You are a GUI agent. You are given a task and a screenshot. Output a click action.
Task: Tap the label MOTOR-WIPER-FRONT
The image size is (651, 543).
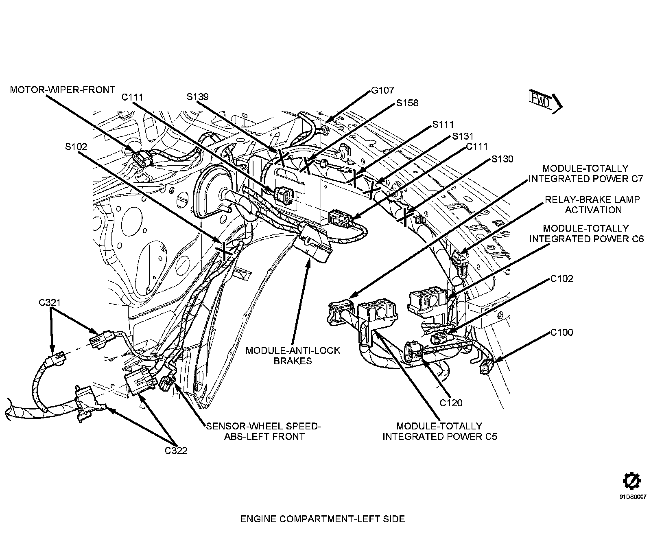pos(62,90)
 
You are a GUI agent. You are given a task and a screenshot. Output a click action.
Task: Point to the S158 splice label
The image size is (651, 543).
pos(407,103)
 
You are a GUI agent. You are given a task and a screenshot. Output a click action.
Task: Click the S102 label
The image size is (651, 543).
pos(76,147)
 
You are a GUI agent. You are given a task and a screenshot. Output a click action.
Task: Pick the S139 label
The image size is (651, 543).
pos(198,97)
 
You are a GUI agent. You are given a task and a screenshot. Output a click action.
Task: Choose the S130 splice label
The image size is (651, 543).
pos(502,159)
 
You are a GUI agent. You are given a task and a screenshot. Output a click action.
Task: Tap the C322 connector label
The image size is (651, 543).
pos(176,451)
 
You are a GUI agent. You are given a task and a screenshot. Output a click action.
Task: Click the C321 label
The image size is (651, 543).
pos(50,302)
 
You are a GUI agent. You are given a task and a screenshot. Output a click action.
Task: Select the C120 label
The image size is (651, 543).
pos(451,403)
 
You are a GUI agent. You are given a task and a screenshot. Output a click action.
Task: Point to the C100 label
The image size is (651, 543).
pos(561,333)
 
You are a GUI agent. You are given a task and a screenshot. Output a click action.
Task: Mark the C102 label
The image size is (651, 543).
pos(561,279)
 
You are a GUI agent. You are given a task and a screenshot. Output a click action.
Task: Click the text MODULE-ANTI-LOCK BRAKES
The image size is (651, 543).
pos(293,355)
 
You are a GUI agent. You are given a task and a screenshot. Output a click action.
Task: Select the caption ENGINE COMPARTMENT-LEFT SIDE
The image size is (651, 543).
pos(323,519)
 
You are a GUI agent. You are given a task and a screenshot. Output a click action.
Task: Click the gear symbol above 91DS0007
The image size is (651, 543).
pos(633,481)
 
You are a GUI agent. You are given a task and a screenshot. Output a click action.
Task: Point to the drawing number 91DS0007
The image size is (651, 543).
pos(633,497)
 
